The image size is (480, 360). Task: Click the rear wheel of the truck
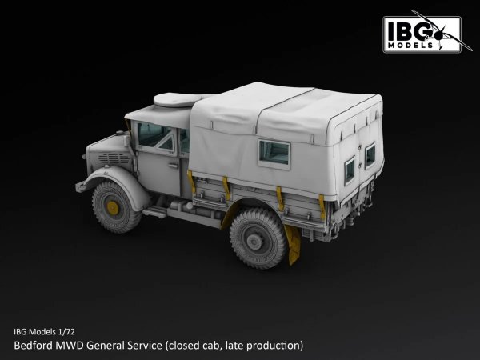[258, 237]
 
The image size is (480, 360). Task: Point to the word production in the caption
[274, 346]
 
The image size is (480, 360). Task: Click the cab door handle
[171, 166]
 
